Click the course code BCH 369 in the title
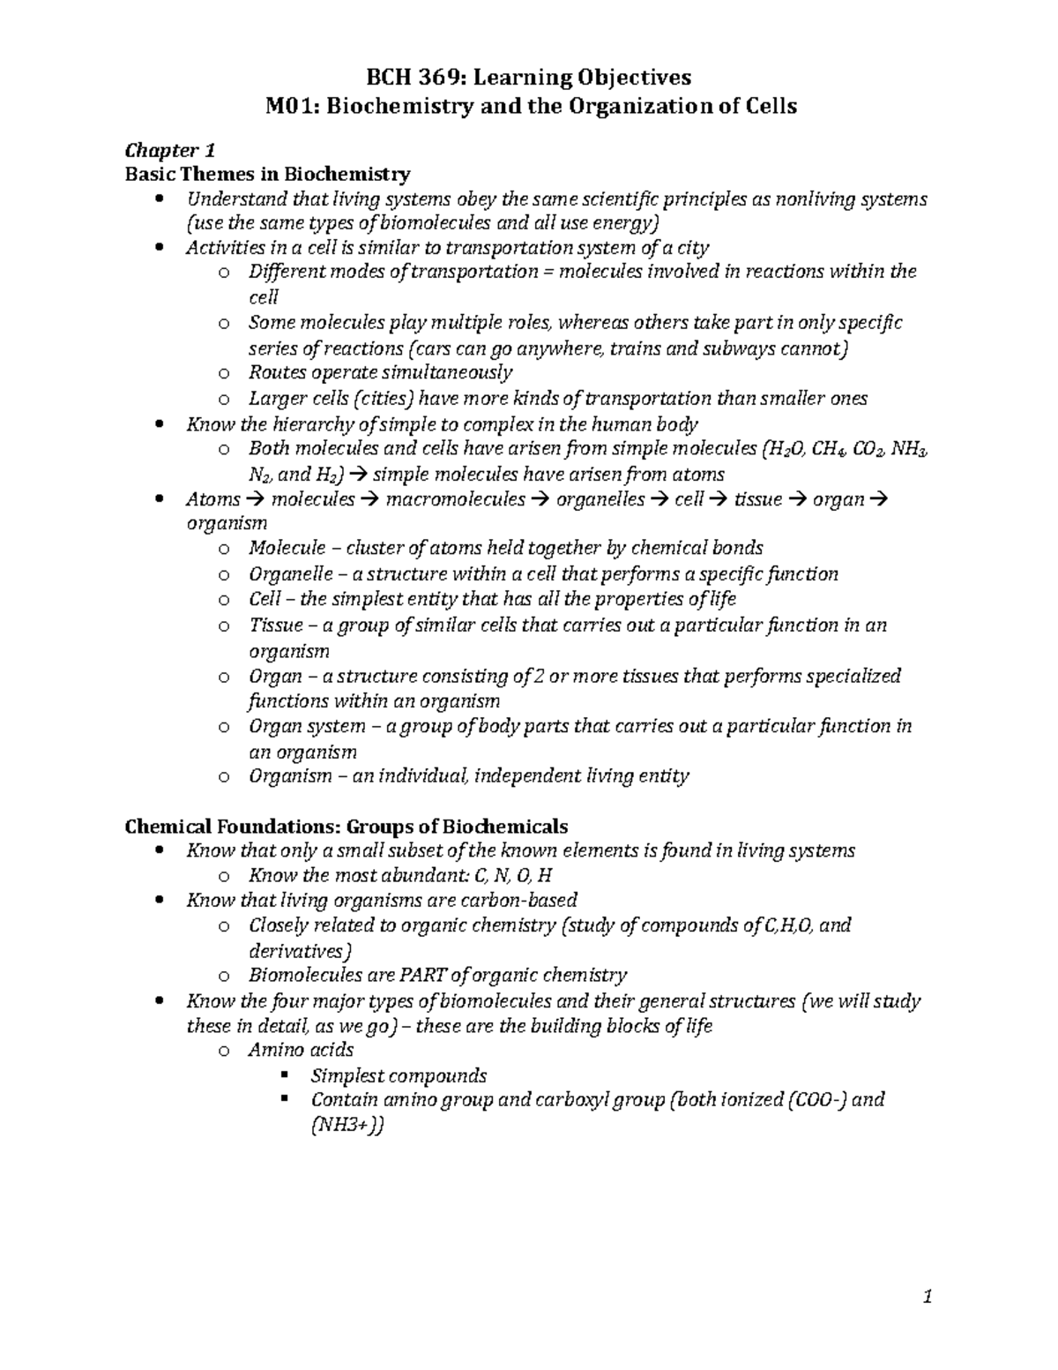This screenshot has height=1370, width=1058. click(408, 78)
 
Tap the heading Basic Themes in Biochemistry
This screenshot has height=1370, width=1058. click(267, 174)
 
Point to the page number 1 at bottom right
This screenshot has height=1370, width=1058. click(927, 1297)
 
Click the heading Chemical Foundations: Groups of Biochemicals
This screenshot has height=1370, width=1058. click(346, 827)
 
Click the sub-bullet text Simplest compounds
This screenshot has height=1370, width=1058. click(399, 1076)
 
